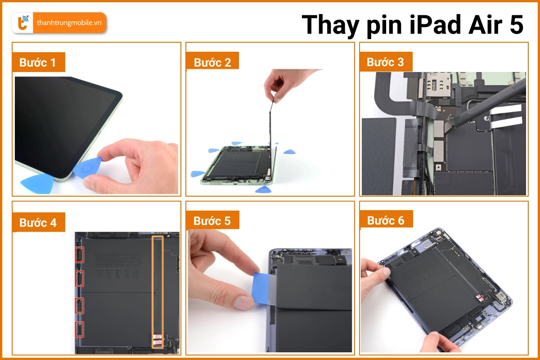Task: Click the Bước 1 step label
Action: click(x=38, y=63)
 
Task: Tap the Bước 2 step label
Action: click(x=212, y=62)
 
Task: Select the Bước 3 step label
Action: click(x=386, y=62)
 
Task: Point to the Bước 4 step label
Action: click(x=38, y=222)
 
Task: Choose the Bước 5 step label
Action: click(x=212, y=220)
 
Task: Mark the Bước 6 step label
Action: click(x=386, y=220)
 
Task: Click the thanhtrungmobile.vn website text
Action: click(x=69, y=22)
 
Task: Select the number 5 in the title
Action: click(x=517, y=24)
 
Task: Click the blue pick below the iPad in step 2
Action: click(x=262, y=190)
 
